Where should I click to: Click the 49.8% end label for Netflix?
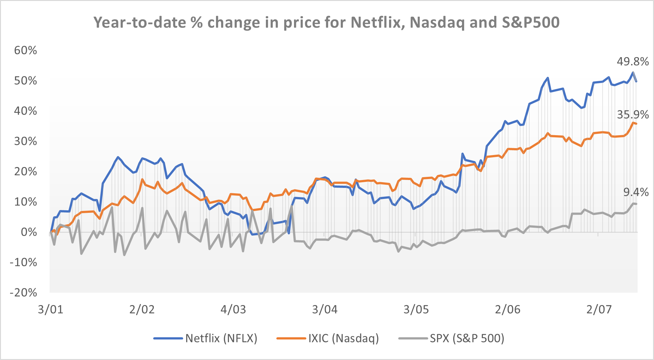633,62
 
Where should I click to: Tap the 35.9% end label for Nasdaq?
633,115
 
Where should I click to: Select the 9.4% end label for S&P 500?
636,192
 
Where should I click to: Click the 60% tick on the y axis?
26,50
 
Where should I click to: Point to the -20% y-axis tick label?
23,292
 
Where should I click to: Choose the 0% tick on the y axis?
29,232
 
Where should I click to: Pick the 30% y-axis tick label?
26,141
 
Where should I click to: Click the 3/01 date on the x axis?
51,309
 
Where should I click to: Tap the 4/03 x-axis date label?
233,309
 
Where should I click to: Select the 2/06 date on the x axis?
507,309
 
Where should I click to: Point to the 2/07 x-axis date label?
599,309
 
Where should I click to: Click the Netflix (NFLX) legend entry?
221,338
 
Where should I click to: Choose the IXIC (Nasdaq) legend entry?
343,338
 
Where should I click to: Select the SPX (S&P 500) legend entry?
467,338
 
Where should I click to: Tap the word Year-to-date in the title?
139,23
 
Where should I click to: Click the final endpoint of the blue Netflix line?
636,81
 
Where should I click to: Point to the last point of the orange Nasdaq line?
636,124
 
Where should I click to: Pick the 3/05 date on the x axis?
416,309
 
